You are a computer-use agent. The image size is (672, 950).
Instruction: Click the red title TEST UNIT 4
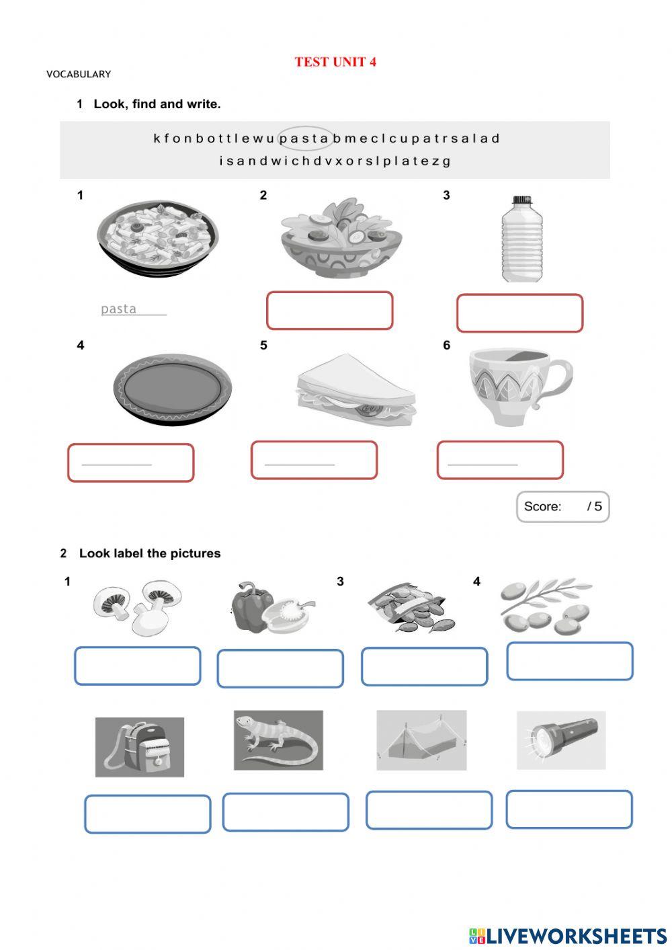(x=335, y=62)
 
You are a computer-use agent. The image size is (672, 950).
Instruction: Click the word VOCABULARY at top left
(x=79, y=74)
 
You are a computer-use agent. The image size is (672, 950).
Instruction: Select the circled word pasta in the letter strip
(x=305, y=138)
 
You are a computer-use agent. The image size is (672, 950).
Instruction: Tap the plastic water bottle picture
(x=522, y=239)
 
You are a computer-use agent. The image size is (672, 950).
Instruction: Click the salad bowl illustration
(x=341, y=239)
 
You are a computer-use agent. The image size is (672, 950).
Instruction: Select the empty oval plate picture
(x=173, y=389)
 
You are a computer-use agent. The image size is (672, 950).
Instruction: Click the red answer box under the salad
(x=329, y=311)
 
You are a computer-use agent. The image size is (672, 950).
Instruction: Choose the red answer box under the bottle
(x=519, y=313)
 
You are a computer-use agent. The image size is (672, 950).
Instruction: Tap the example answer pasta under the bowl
(x=119, y=309)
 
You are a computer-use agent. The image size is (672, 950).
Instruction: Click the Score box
(x=562, y=507)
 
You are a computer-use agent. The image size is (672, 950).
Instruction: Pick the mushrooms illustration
(x=138, y=606)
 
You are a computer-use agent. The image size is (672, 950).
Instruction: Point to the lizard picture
(x=278, y=740)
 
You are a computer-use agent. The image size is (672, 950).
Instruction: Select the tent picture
(x=421, y=740)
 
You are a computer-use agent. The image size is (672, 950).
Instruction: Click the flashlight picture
(x=561, y=740)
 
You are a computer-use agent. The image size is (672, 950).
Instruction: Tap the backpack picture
(x=140, y=746)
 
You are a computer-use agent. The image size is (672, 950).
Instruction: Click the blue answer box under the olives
(x=569, y=661)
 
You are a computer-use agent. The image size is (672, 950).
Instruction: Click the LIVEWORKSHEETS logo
(x=568, y=935)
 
